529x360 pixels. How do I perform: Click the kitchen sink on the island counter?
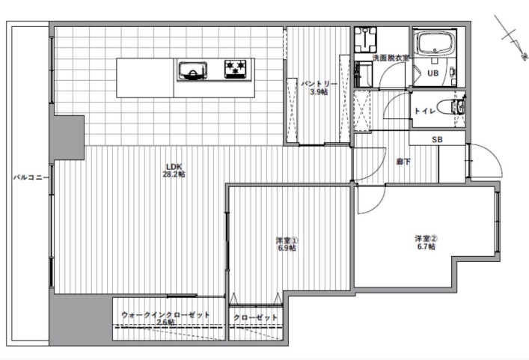point(192,71)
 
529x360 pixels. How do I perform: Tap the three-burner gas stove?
point(236,69)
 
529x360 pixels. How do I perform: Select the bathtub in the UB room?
point(435,42)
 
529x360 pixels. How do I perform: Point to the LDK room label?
point(174,167)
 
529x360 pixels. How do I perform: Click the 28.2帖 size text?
point(174,174)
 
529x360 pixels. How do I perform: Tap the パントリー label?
point(319,84)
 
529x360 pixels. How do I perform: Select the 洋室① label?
point(287,240)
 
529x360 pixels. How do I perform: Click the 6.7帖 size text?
point(426,247)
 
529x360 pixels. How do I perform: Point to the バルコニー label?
point(31,177)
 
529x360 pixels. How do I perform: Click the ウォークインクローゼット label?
point(165,315)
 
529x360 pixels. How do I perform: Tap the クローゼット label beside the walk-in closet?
point(256,318)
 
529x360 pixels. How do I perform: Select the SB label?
point(437,139)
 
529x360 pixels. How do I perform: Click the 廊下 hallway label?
point(403,162)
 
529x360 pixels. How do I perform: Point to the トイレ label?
point(425,111)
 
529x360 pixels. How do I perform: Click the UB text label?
point(432,73)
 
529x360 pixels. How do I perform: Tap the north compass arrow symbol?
point(511,37)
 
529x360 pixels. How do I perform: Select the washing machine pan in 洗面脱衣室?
point(365,40)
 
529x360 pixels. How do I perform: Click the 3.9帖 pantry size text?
point(319,92)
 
